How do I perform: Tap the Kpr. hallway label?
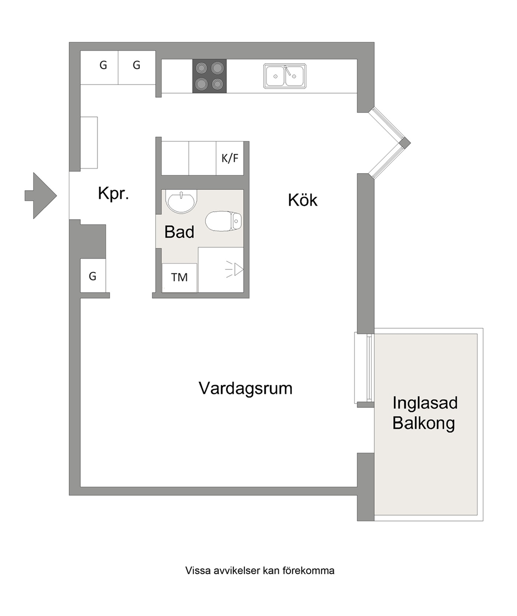[114, 194]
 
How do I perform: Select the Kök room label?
[303, 200]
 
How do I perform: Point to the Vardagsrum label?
[246, 388]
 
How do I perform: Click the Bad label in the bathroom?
[179, 232]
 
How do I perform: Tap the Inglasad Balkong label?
[425, 413]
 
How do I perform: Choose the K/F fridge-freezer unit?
[230, 159]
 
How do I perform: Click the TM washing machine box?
[179, 277]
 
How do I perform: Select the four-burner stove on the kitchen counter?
[209, 76]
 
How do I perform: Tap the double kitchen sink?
[285, 76]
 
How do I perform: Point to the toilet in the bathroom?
[224, 221]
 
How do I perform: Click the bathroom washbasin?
[181, 201]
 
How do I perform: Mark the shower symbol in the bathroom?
[235, 270]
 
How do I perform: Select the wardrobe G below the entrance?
[93, 276]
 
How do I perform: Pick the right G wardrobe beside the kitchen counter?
[137, 67]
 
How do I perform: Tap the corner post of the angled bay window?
[405, 143]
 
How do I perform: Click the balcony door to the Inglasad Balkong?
[362, 368]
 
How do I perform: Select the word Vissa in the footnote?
[198, 571]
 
